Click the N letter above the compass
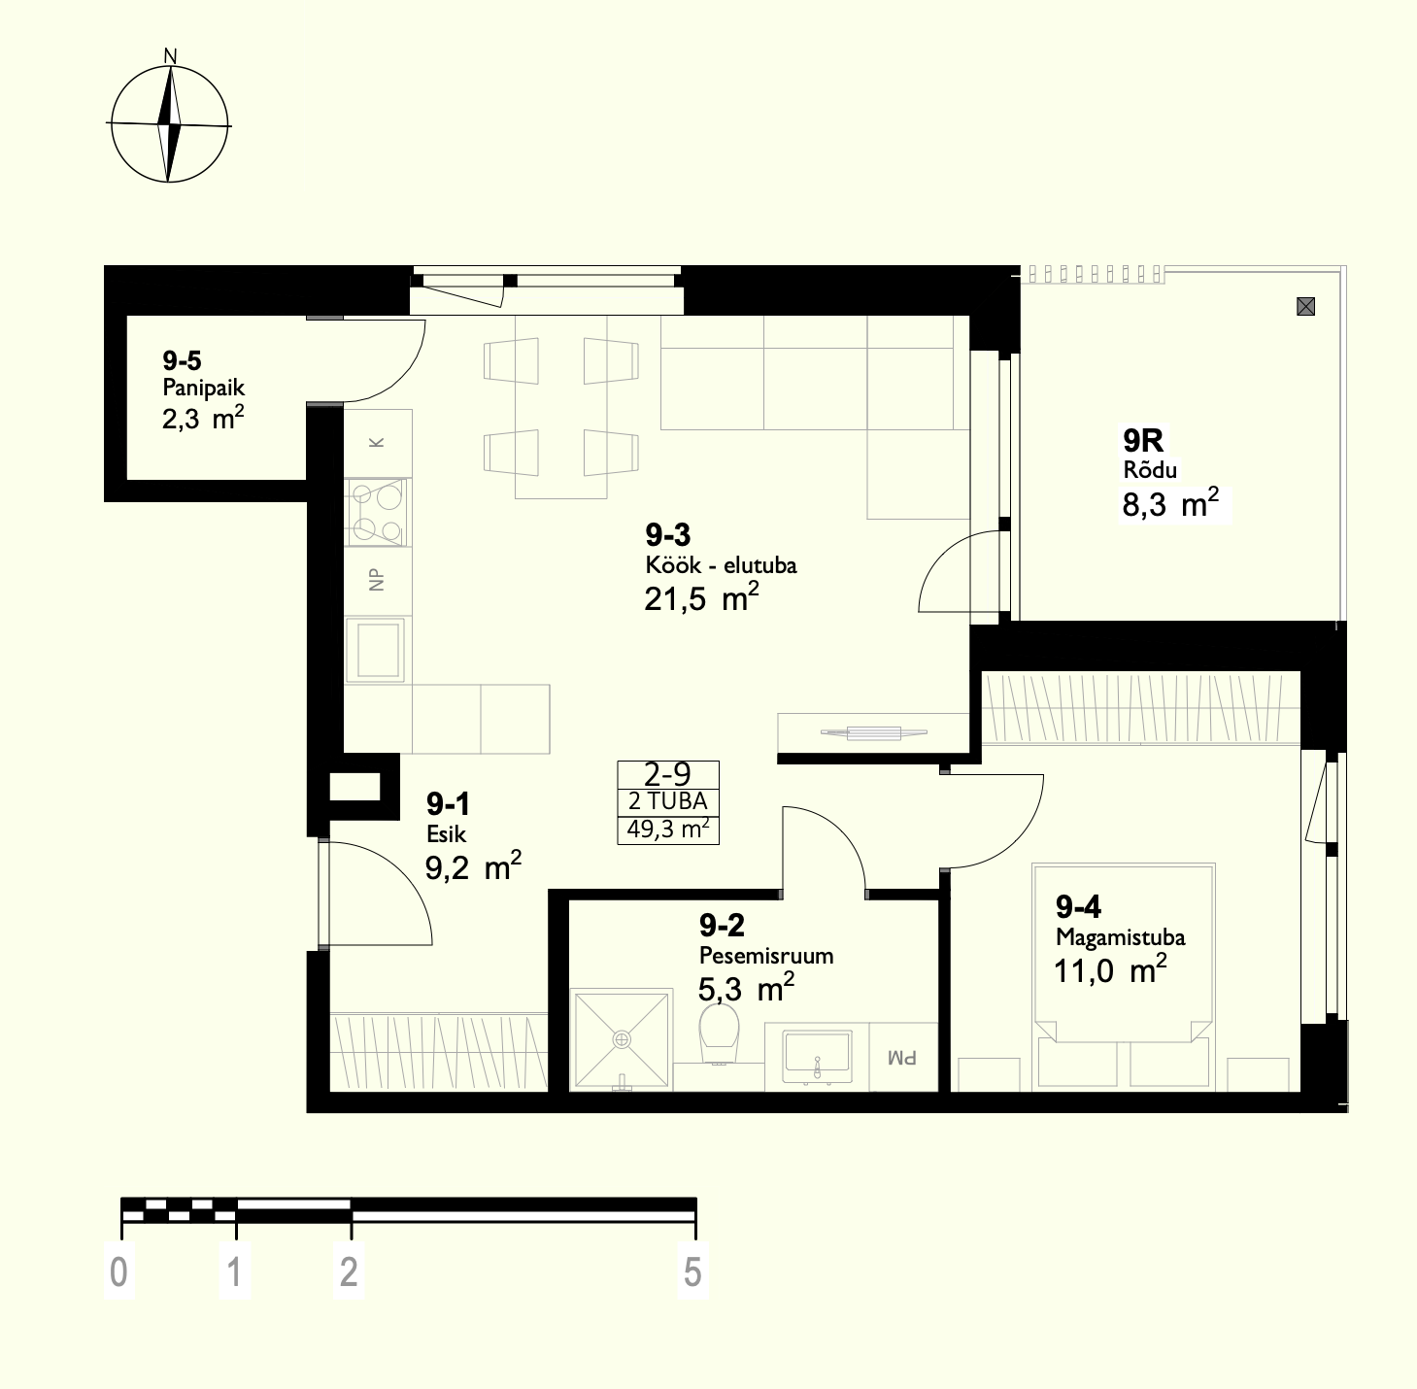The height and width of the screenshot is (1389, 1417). pos(170,56)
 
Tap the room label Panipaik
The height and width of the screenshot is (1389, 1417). pos(204,387)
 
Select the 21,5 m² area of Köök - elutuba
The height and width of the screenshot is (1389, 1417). pos(701,597)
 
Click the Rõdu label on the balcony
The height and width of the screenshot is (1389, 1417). pos(1150,469)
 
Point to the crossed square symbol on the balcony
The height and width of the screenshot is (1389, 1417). pos(1305,306)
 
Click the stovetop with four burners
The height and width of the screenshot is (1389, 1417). pos(377,512)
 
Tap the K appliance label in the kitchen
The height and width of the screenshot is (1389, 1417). pos(377,442)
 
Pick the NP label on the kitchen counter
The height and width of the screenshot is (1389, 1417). pos(377,581)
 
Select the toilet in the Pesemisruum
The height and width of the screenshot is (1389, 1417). pos(719,1033)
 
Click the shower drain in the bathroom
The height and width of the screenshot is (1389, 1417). pos(623,1039)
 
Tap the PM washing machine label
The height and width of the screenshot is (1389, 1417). pos(903,1058)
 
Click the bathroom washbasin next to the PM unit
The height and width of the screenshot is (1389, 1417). pos(817,1056)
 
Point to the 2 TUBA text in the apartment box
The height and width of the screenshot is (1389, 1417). pos(667,801)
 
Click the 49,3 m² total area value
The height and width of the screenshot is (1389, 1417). pos(667,830)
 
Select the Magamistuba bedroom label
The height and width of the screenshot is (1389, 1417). pos(1121,937)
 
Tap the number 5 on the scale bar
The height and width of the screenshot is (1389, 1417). pos(692,1272)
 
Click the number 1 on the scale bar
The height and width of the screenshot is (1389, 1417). pos(235,1272)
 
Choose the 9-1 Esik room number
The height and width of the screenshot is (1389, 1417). pos(448,804)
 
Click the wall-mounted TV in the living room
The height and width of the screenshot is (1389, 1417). pos(873,732)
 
